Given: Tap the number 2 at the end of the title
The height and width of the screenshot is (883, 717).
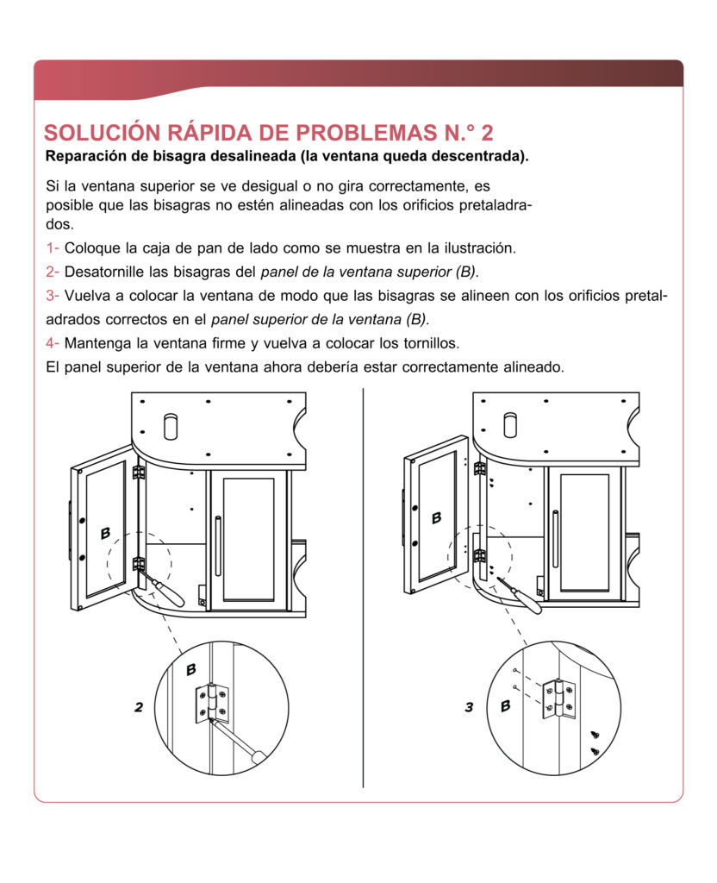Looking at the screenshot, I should click(x=487, y=133).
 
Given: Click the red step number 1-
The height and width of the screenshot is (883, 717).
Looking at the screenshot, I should click(x=53, y=248).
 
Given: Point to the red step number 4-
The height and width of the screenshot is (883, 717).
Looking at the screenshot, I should click(x=53, y=342).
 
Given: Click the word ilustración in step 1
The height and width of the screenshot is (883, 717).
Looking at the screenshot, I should click(x=476, y=248).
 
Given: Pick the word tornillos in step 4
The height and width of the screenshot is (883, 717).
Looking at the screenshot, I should click(x=425, y=342).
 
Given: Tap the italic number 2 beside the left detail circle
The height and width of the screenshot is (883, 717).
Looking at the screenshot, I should click(x=138, y=708).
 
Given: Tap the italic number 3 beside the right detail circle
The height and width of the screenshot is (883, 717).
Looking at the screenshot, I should click(x=469, y=708).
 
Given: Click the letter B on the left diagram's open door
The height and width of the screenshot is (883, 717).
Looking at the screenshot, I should click(x=105, y=533).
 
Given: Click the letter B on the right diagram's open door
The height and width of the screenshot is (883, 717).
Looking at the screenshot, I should click(x=436, y=517).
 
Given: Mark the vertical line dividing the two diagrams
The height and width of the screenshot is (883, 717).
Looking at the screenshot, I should click(x=363, y=586).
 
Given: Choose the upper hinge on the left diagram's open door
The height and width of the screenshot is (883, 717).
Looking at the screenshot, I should click(x=138, y=473).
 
